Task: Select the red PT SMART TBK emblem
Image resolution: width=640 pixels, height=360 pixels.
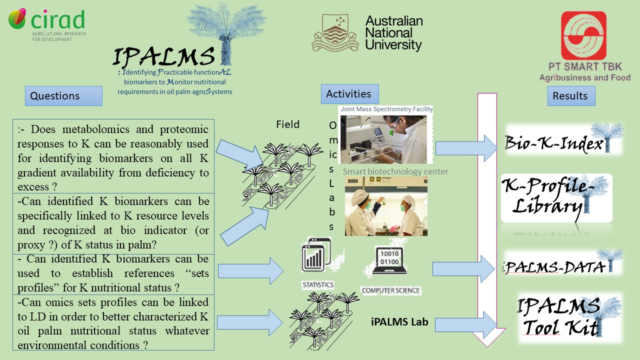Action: (x=583, y=36)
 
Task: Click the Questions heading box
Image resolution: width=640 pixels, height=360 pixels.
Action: (x=63, y=96)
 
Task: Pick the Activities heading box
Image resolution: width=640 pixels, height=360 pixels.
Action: (x=349, y=94)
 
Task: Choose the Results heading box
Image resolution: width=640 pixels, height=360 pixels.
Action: (x=570, y=96)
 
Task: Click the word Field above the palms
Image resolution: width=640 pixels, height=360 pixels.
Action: (x=288, y=124)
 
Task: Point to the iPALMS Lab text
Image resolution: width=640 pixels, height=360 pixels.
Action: (x=399, y=322)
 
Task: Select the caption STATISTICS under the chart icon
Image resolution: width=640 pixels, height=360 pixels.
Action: (x=318, y=284)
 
